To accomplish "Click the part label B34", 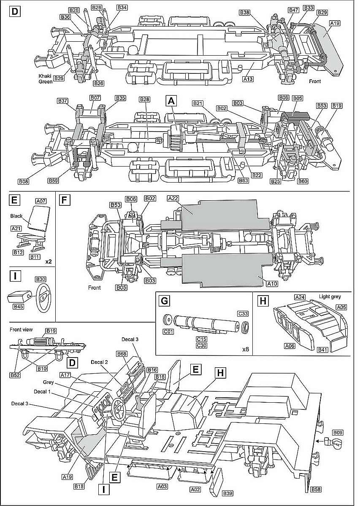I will tap(122, 8).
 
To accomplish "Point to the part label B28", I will tap(144, 99).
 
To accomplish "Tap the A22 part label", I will tap(173, 198).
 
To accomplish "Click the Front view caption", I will tap(22, 330).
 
